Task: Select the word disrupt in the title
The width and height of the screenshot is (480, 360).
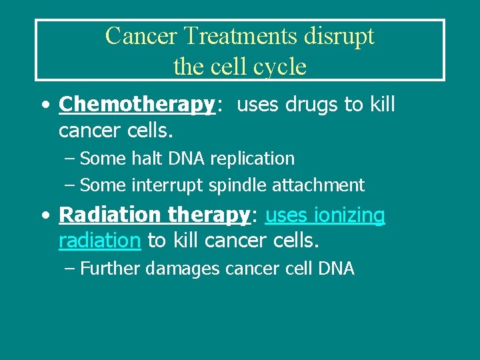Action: [x=342, y=36]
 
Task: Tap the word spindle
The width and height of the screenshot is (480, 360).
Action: [x=235, y=185]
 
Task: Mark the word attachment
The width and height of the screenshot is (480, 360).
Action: [x=319, y=185]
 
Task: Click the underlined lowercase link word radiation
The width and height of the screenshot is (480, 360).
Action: [x=99, y=240]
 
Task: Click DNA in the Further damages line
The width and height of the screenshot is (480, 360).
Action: [x=336, y=269]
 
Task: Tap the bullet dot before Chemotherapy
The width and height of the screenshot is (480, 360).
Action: [x=44, y=105]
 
